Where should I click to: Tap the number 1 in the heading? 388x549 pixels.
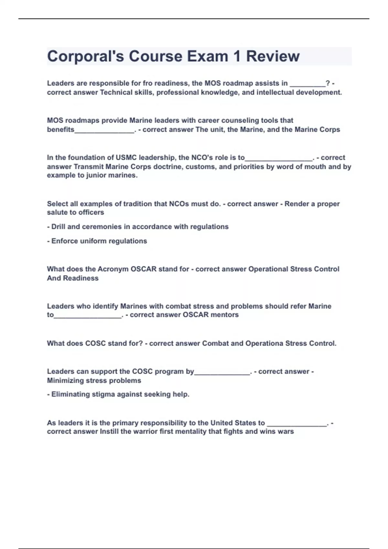point(237,57)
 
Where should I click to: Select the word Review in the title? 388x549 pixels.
point(273,57)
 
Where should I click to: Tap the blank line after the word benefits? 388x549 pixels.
point(104,130)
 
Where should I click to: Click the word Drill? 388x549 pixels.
point(58,227)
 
